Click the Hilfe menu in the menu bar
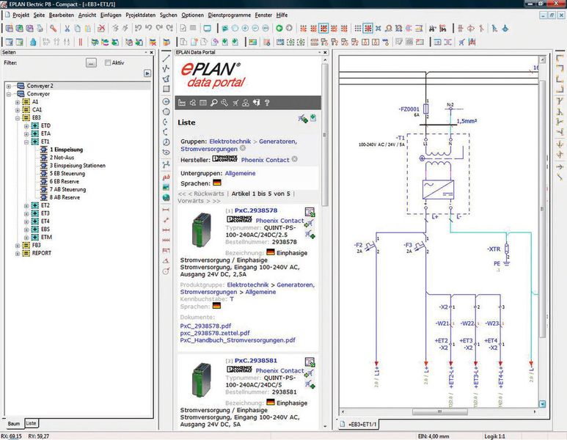point(282,15)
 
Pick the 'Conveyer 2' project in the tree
point(40,86)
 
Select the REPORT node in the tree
point(42,253)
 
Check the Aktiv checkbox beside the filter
point(108,63)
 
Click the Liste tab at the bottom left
point(31,424)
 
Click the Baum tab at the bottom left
point(13,424)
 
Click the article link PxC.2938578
point(256,210)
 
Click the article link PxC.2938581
point(256,362)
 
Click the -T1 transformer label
point(400,137)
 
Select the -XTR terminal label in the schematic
point(494,249)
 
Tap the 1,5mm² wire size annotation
point(467,121)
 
